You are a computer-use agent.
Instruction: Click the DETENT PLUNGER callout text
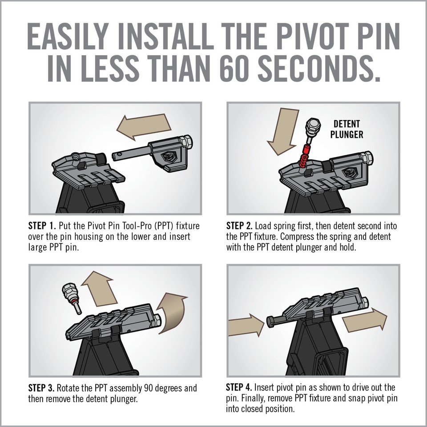pyautogui.click(x=346, y=129)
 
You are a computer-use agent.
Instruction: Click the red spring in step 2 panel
pyautogui.click(x=305, y=158)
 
